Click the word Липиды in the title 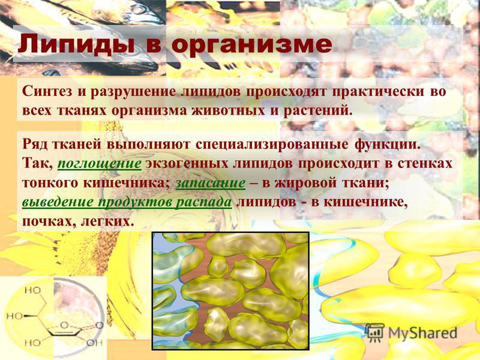pos(77,44)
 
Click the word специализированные pos(272,145)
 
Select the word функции pos(386,145)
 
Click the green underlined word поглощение pos(100,164)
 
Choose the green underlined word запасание pos(211,183)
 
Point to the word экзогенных pos(187,163)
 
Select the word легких pos(107,221)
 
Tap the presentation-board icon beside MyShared pos(375,332)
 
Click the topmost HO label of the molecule pos(33,290)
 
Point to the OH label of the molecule pos(94,342)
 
